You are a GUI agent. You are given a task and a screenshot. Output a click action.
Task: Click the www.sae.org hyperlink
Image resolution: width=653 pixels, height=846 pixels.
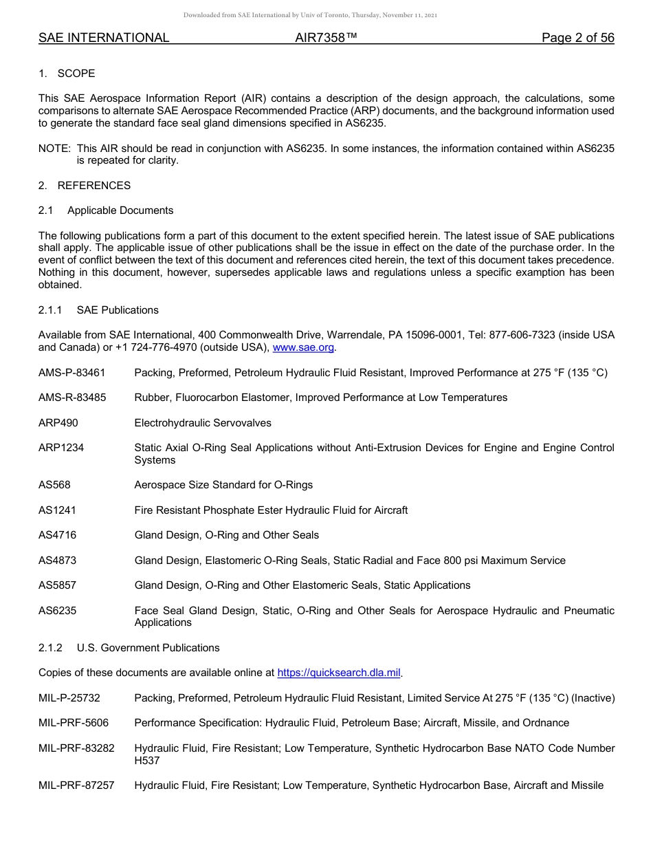click(x=303, y=348)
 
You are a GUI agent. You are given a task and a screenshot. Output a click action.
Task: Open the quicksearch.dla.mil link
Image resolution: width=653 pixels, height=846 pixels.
click(x=338, y=673)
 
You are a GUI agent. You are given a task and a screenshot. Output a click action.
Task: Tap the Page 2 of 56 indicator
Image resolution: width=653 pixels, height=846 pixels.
click(x=577, y=38)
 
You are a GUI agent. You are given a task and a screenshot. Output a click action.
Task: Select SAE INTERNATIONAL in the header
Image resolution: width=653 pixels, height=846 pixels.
click(x=104, y=38)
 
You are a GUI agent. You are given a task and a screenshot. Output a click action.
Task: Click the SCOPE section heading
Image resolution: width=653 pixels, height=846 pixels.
click(x=76, y=74)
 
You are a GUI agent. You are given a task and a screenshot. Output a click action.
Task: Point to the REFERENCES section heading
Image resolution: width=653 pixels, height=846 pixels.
click(x=93, y=186)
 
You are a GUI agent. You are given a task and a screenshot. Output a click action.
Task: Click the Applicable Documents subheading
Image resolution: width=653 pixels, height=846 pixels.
click(x=120, y=210)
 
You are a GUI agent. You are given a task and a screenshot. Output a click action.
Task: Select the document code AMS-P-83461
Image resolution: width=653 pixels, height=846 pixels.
click(x=72, y=373)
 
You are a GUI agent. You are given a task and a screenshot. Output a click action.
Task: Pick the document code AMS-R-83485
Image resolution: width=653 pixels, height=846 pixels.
click(x=72, y=398)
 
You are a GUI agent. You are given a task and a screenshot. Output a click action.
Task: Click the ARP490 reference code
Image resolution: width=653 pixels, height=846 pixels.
click(x=58, y=423)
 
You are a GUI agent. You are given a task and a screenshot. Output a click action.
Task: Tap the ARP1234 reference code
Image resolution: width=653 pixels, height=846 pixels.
click(x=61, y=448)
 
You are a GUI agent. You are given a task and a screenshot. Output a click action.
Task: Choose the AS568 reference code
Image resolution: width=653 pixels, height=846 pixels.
click(x=54, y=485)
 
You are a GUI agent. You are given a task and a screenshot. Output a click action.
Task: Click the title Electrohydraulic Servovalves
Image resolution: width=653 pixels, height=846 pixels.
click(x=203, y=423)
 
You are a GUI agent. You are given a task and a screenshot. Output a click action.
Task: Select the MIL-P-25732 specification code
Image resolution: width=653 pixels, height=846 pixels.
click(x=69, y=698)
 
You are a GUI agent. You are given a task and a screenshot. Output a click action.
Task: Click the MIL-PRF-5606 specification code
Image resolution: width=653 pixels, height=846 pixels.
click(x=74, y=723)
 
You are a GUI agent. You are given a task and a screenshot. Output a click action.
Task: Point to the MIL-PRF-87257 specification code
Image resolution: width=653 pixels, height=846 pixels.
click(x=76, y=785)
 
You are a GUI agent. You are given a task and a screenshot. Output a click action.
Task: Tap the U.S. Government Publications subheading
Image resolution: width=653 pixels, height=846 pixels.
click(x=148, y=648)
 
